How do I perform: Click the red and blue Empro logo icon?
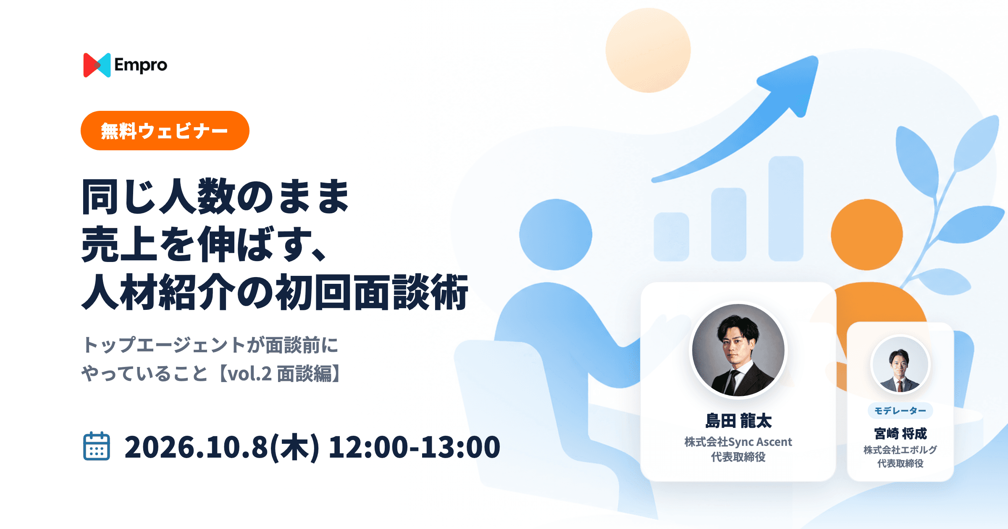coord(97,65)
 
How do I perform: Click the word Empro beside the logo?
coord(141,65)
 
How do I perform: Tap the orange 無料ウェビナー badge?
coord(165,131)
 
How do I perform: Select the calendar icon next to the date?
coord(97,446)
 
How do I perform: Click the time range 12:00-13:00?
coord(414,447)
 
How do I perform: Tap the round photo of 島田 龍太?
coord(738,350)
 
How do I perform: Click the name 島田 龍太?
coord(738,421)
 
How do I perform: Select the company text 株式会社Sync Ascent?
coord(738,442)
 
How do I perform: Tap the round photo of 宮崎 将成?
coord(900,364)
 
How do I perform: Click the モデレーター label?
coord(900,411)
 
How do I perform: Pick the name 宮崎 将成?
coord(900,433)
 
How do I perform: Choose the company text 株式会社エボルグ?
coord(900,450)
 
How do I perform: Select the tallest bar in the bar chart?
coord(786,209)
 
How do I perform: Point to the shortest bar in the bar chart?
coord(671,237)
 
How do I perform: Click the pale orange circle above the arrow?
coord(648,50)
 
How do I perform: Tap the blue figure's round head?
coord(556,235)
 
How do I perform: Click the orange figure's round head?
coord(867,235)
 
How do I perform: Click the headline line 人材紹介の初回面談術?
coord(275,292)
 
